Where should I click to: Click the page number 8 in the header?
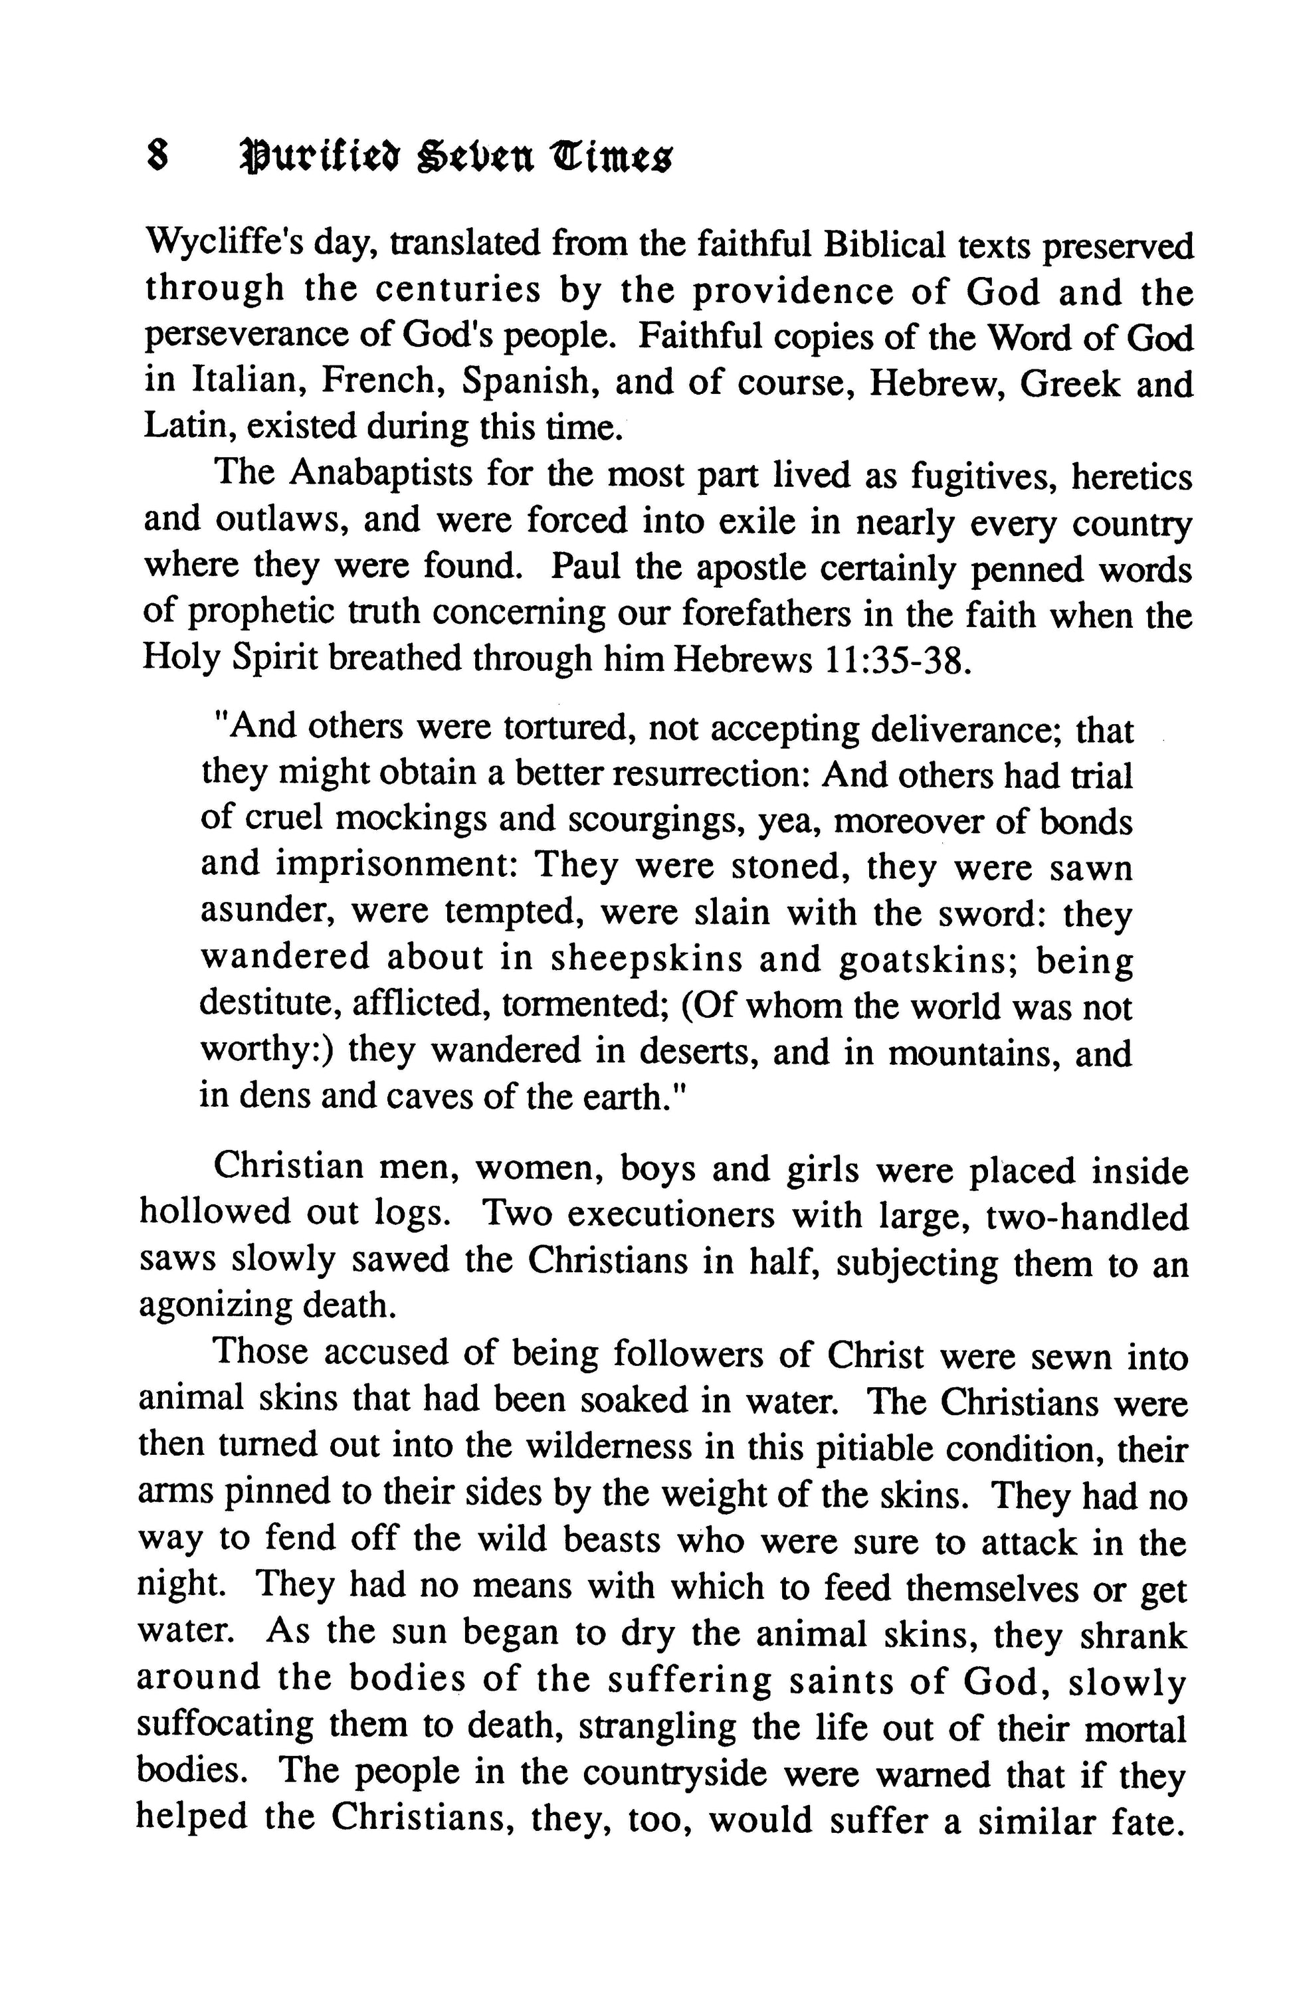(156, 156)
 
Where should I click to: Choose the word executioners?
(670, 1214)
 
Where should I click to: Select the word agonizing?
(214, 1306)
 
